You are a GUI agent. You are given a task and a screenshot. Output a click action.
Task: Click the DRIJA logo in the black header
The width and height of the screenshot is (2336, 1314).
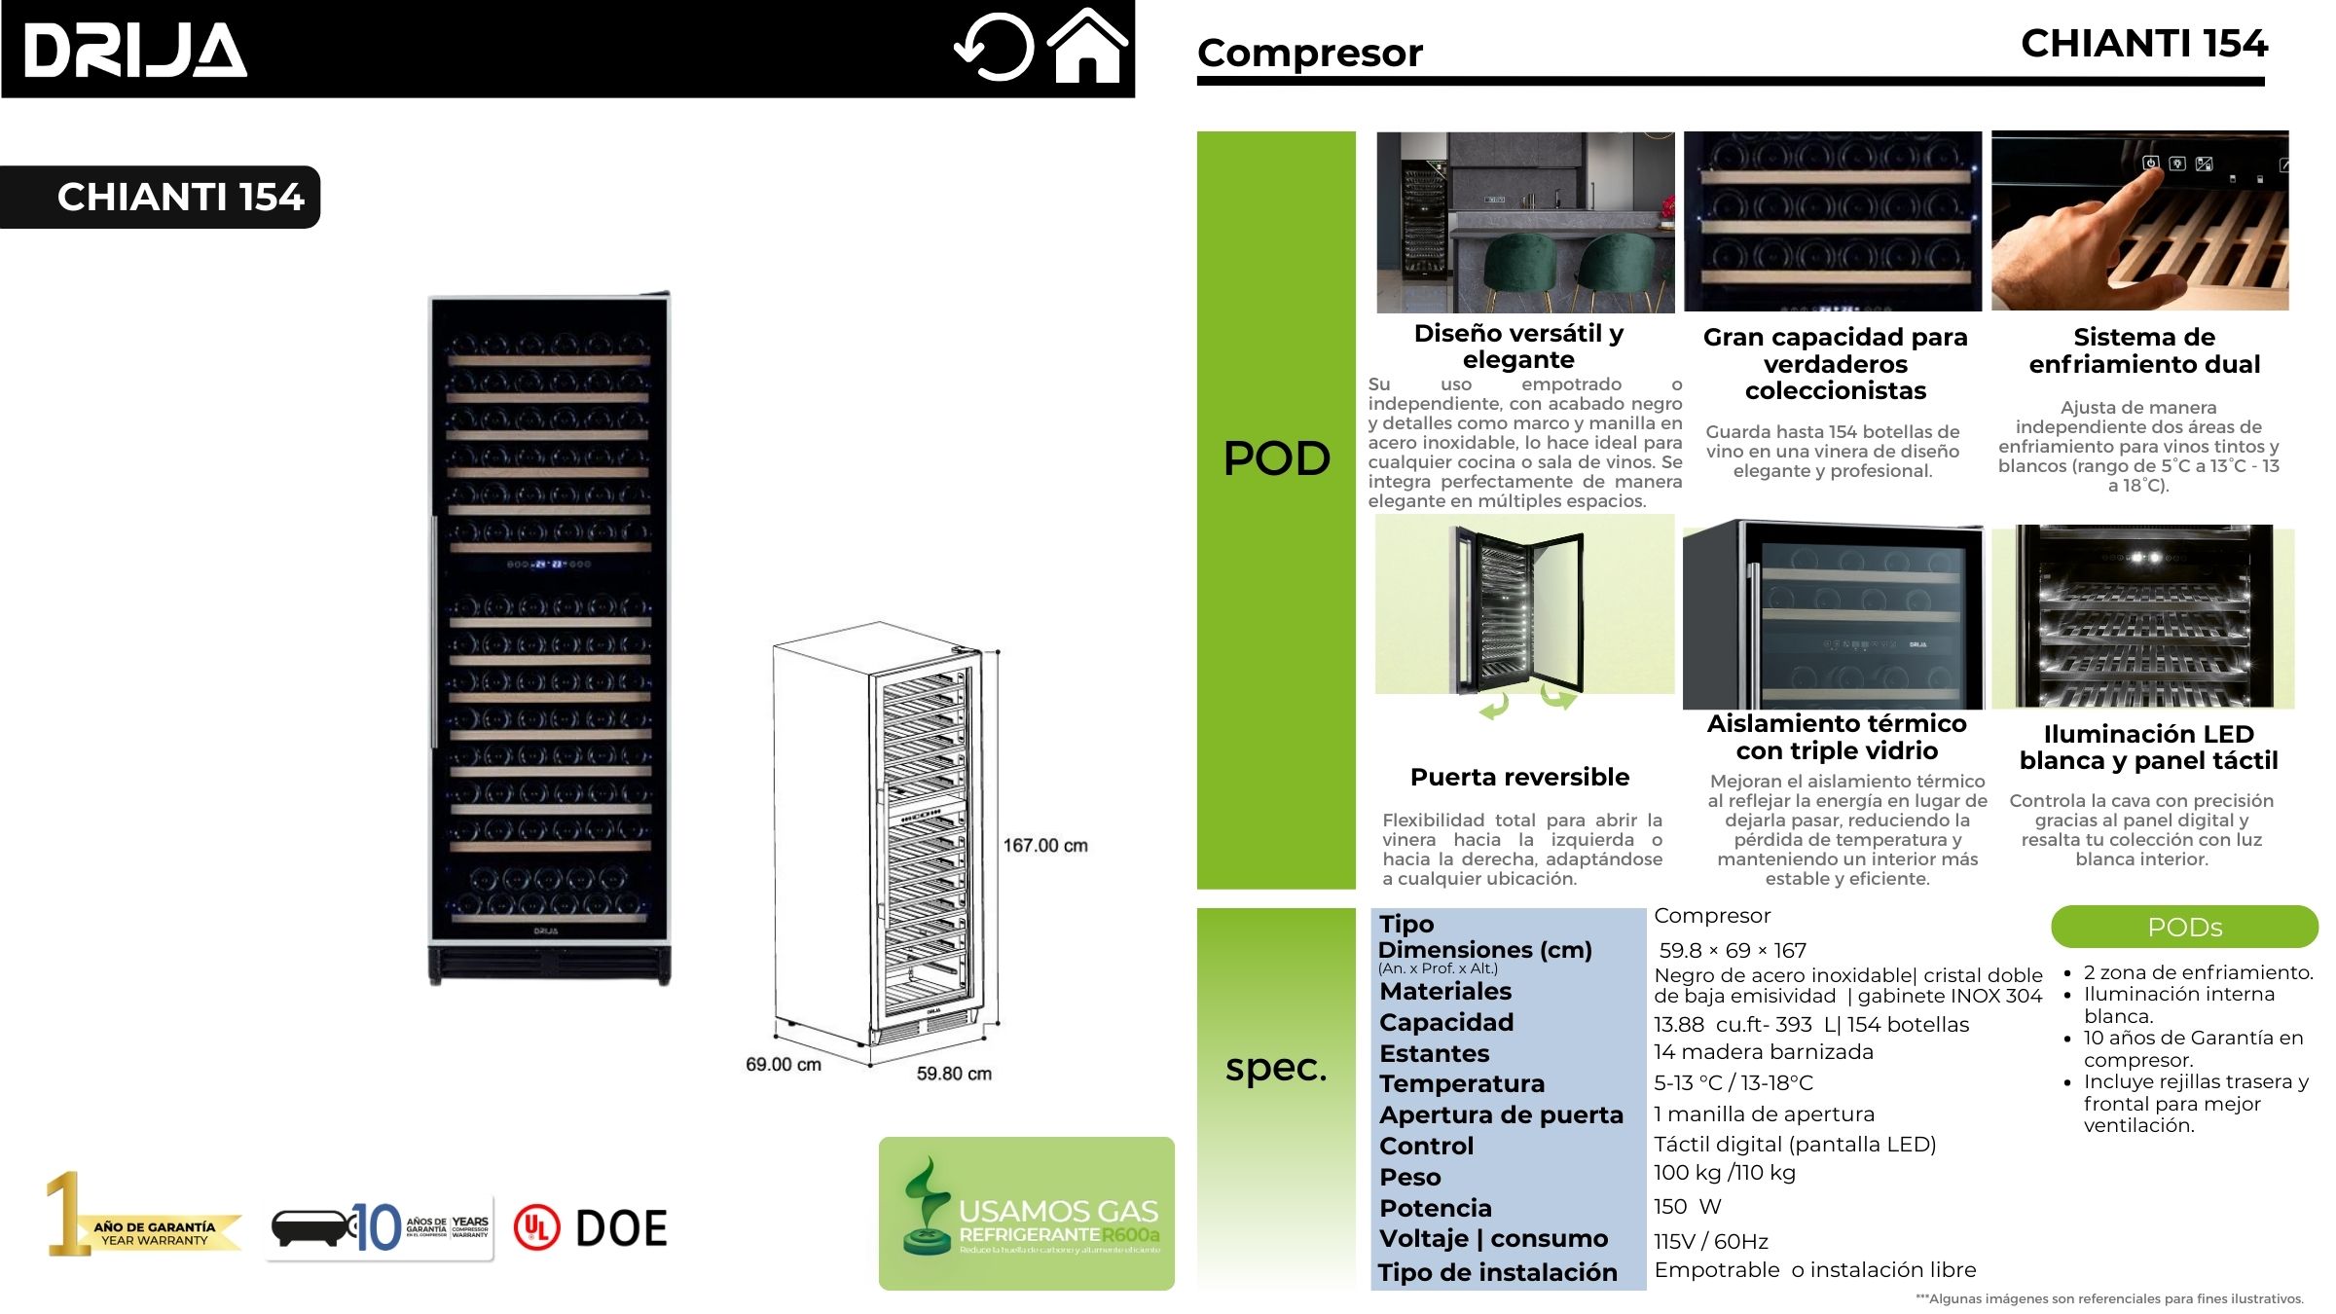click(135, 51)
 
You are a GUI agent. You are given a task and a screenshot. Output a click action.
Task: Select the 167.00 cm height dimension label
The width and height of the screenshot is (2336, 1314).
click(1045, 846)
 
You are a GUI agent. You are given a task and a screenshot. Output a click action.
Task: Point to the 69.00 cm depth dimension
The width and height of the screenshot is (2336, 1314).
click(783, 1065)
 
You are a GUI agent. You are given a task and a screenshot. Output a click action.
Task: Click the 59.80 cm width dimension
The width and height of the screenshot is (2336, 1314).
click(954, 1074)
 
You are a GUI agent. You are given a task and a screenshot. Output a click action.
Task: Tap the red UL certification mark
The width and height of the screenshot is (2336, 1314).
click(536, 1227)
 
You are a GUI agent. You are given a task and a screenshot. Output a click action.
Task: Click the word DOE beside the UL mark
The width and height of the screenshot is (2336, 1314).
click(621, 1228)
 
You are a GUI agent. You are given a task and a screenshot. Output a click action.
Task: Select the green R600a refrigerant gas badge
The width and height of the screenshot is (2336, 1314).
click(1026, 1214)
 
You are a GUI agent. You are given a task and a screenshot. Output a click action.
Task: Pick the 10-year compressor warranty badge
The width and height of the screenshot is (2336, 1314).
click(380, 1228)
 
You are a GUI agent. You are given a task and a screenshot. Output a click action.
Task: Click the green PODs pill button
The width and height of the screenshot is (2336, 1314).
click(2184, 927)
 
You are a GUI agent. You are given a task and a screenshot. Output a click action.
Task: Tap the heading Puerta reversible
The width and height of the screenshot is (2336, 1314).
click(1519, 777)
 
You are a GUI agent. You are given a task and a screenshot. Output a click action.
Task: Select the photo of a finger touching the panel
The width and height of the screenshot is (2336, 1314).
click(2139, 222)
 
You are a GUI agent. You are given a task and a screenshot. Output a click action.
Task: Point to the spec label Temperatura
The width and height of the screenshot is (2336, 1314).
click(1462, 1083)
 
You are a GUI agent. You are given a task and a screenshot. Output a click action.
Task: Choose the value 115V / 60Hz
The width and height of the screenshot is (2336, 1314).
click(1710, 1241)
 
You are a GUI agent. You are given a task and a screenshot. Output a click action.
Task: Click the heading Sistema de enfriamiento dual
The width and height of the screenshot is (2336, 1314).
click(2144, 350)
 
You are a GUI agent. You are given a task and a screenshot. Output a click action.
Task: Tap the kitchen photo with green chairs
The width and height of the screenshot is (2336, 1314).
click(1525, 222)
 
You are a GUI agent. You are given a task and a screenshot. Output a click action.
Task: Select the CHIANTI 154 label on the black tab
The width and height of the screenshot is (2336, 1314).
click(181, 197)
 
